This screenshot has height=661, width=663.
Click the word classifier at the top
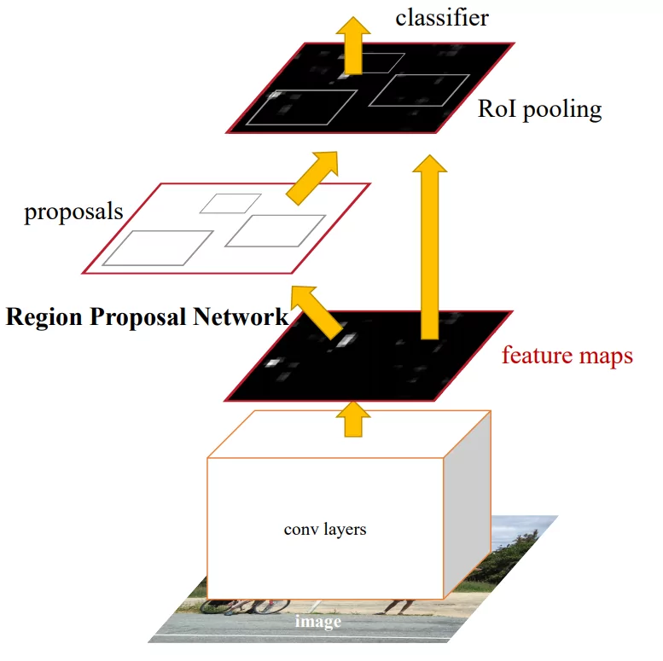point(441,18)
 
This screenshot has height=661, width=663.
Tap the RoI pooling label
point(539,109)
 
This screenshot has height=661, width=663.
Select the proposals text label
point(73,212)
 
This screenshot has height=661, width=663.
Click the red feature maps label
point(567,355)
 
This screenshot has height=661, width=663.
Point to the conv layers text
point(324,530)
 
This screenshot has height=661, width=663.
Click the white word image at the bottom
point(317,622)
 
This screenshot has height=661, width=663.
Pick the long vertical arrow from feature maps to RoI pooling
point(429,247)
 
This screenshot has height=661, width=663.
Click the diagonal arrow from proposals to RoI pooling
point(312,177)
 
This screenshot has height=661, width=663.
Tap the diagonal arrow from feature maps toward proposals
point(317,313)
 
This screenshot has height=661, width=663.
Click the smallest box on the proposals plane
point(230,203)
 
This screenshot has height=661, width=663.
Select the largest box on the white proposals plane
point(158,247)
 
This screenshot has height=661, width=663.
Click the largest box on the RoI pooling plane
point(299,108)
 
